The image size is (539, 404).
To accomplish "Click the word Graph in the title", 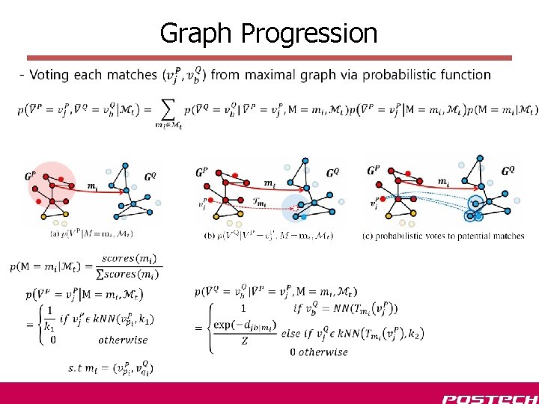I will (196, 34).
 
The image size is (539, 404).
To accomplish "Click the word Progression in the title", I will (309, 34).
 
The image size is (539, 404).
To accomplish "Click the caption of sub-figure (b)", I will (268, 236).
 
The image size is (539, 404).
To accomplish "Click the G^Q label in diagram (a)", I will (149, 177).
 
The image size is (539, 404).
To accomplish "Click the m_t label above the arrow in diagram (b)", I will (268, 183).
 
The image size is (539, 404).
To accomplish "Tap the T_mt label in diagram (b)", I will (260, 202).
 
